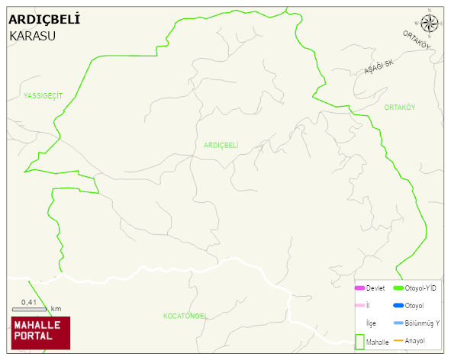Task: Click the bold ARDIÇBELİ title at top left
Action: (43, 18)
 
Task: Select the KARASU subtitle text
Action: (33, 35)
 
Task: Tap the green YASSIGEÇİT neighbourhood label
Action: (43, 95)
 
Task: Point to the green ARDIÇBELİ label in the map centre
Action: (221, 144)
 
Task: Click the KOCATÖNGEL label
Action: (185, 315)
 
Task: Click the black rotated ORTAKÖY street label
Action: (417, 41)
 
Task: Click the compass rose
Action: (430, 22)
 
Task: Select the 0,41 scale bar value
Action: (29, 302)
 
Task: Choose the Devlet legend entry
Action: (375, 288)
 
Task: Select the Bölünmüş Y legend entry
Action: (422, 323)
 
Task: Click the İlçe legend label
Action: (372, 323)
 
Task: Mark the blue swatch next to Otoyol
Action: (398, 306)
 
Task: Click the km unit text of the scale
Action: (56, 308)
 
